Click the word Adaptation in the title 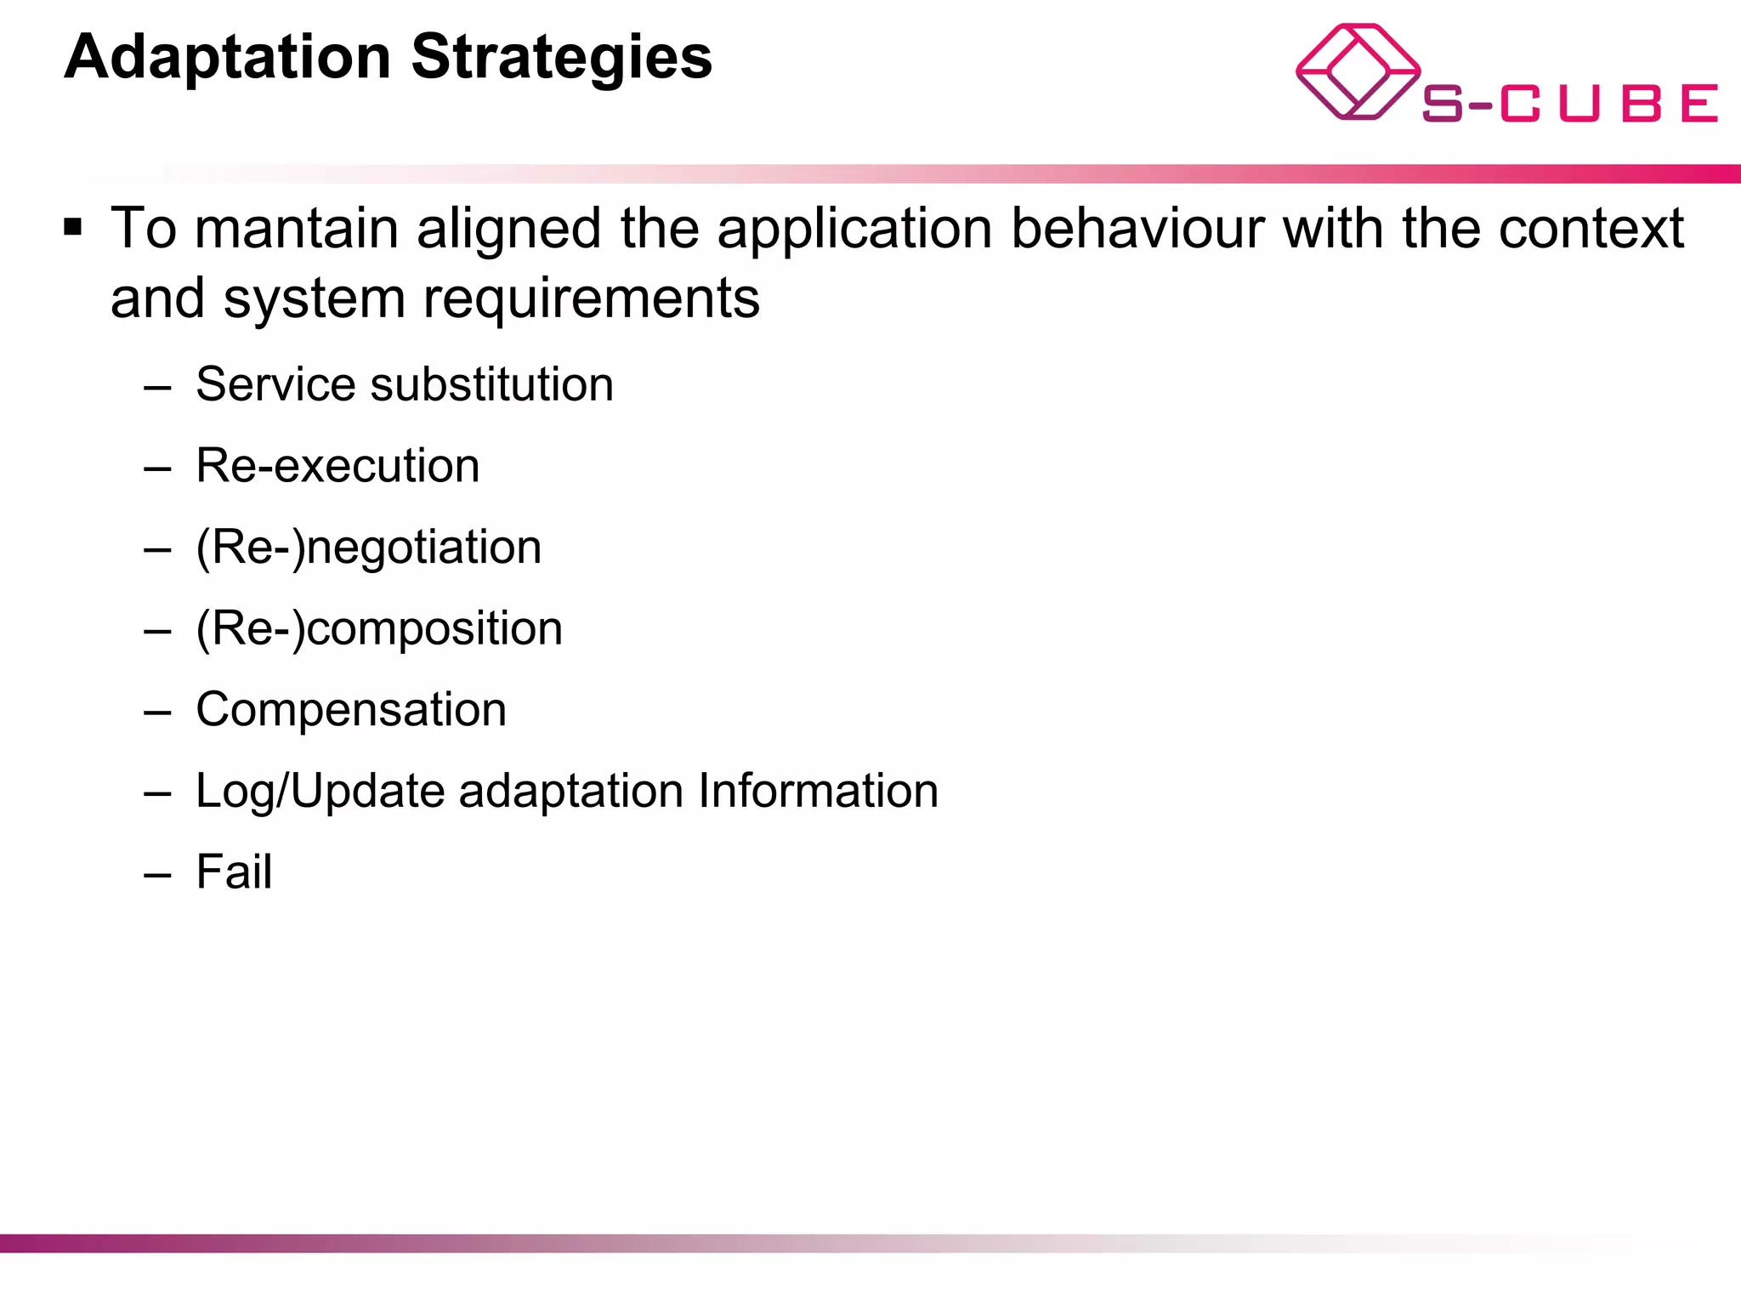pyautogui.click(x=227, y=58)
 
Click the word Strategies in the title pyautogui.click(x=561, y=58)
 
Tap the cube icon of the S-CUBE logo pyautogui.click(x=1357, y=71)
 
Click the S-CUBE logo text pyautogui.click(x=1569, y=104)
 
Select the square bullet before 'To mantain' pyautogui.click(x=73, y=228)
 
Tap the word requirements pyautogui.click(x=592, y=298)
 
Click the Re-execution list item pyautogui.click(x=337, y=466)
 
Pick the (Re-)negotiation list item pyautogui.click(x=368, y=547)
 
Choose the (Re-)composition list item pyautogui.click(x=379, y=629)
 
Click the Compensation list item pyautogui.click(x=351, y=709)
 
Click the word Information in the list pyautogui.click(x=818, y=791)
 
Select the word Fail pyautogui.click(x=234, y=872)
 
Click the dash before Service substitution pyautogui.click(x=158, y=388)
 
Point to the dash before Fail pyautogui.click(x=158, y=875)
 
